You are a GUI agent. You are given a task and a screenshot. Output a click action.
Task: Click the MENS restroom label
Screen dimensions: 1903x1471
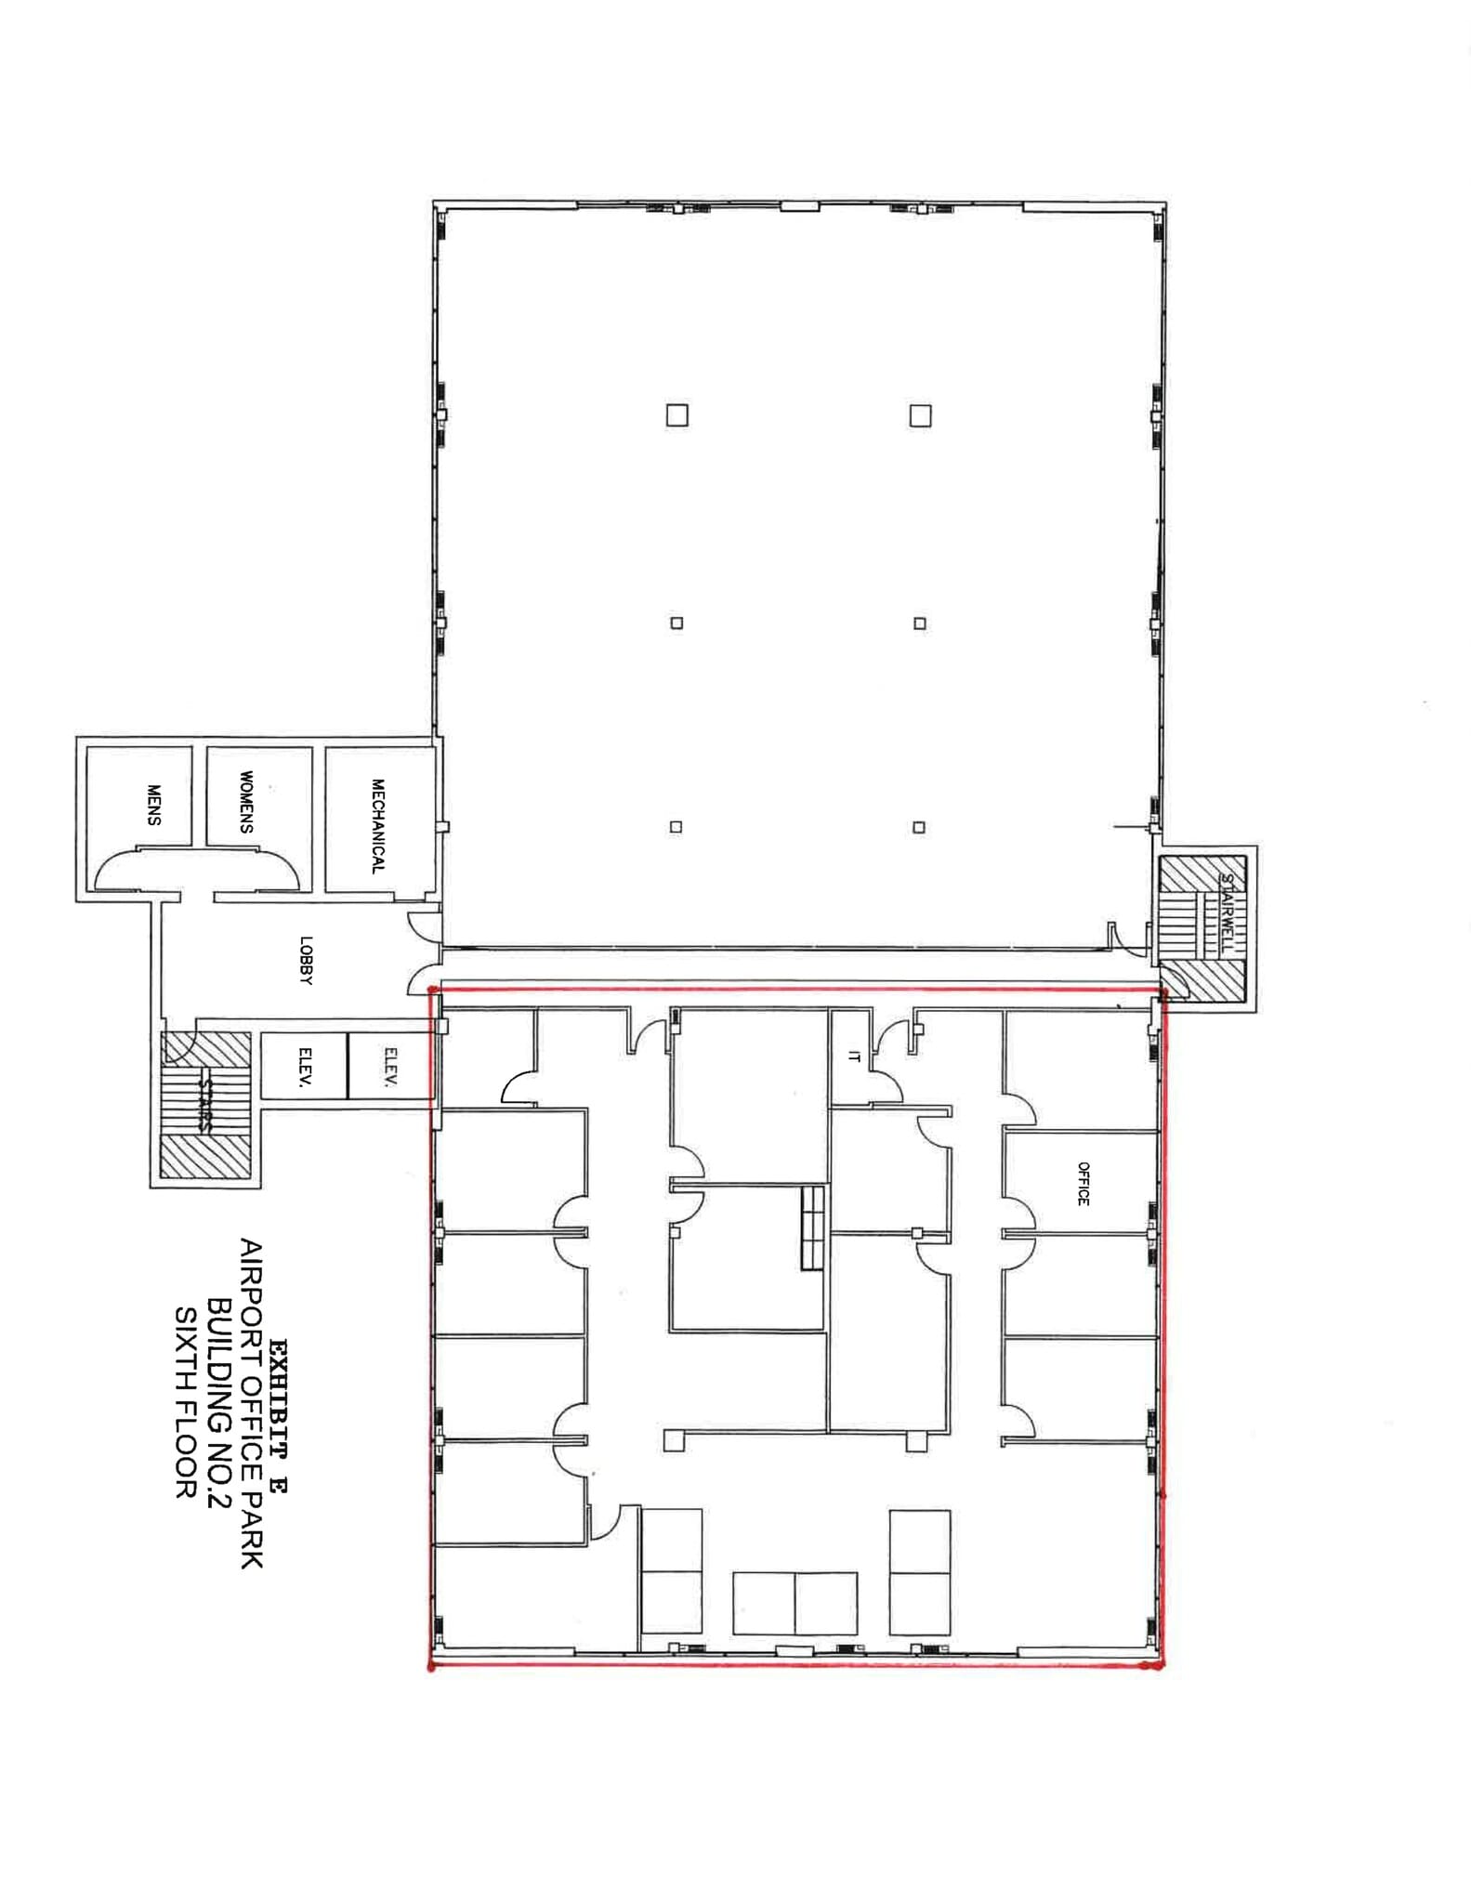[154, 805]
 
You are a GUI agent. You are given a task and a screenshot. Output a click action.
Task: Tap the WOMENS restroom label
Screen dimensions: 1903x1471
[246, 801]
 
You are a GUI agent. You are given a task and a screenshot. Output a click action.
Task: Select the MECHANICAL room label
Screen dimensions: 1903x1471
[378, 825]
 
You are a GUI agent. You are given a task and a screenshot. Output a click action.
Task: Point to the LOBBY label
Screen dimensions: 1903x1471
[307, 960]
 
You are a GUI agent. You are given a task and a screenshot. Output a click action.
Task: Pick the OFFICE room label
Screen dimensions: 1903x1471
[1083, 1184]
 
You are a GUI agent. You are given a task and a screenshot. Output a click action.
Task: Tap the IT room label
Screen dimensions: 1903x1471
[854, 1056]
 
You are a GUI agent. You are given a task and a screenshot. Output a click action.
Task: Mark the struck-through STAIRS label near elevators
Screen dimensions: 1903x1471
[206, 1103]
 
